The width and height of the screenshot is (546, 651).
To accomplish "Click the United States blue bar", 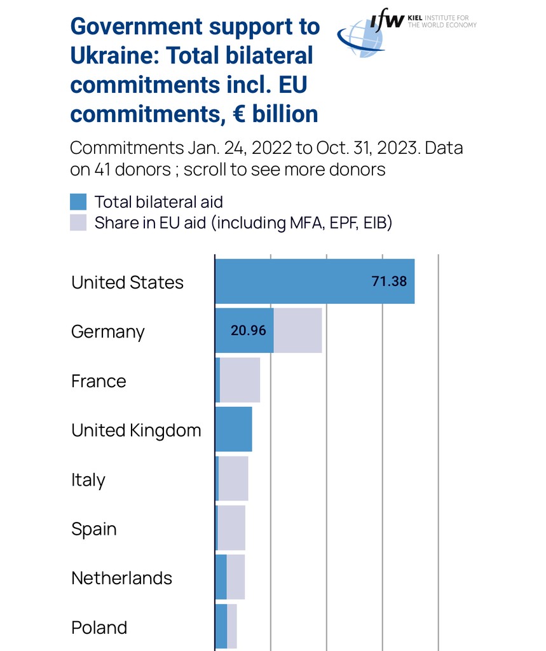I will pos(292,281).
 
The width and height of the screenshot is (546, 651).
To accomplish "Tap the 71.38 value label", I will pos(389,281).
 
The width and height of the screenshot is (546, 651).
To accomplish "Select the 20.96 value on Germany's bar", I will pos(248,331).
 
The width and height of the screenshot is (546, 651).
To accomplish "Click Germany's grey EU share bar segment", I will pos(297,331).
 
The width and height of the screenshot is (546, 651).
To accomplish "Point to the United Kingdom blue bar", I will pos(233,429).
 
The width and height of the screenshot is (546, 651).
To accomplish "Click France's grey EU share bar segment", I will pos(240,380).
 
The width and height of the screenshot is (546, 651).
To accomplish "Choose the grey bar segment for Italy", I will pos(233,479).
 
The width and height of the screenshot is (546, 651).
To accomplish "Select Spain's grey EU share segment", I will pos(231,528).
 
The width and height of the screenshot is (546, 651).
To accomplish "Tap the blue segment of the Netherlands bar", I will pos(221,577).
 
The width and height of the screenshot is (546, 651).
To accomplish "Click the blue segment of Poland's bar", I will pos(221,626).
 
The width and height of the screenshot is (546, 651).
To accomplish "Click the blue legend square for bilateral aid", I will pos(78,202).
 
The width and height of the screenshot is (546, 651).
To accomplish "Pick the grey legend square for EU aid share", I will pos(78,223).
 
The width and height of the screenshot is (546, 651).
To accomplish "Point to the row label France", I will pos(99,381).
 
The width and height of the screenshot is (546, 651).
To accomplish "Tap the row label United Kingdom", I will pos(136,430).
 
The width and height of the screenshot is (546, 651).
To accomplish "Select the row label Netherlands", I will pos(121,578).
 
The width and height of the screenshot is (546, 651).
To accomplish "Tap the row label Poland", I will pos(99,627).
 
